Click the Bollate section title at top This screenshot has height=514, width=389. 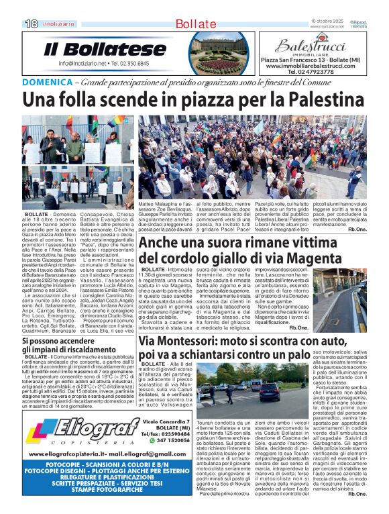point(195,24)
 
